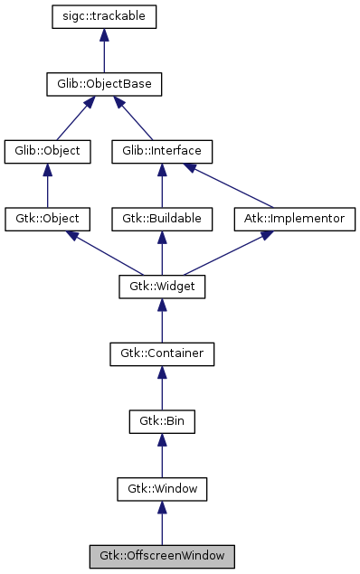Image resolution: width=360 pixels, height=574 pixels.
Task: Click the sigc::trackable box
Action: (105, 16)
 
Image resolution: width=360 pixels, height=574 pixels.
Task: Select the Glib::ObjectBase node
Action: (105, 84)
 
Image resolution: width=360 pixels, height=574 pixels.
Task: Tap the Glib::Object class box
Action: (48, 151)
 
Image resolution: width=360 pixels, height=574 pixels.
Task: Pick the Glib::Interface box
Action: (162, 151)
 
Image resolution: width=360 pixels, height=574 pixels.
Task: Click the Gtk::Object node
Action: (48, 219)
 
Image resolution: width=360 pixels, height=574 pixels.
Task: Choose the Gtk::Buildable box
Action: (162, 219)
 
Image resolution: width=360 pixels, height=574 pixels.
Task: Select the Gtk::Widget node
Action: (162, 287)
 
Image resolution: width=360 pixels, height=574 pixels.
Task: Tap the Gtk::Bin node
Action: (162, 422)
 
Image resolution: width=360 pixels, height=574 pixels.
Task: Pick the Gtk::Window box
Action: (162, 490)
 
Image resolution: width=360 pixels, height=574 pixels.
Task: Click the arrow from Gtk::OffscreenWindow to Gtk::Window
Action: (162, 524)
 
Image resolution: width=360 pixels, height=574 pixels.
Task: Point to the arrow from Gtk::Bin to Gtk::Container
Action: (162, 389)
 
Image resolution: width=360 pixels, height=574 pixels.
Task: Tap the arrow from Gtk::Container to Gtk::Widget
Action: (162, 321)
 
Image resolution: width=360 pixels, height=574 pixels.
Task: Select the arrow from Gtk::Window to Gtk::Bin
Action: (162, 456)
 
